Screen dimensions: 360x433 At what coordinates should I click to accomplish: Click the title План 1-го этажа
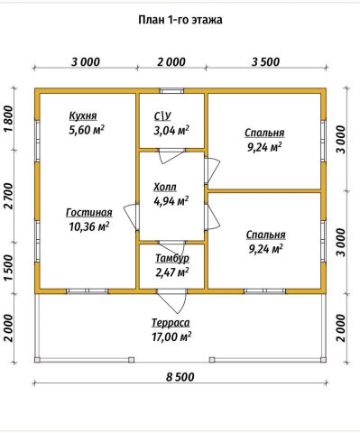(180, 20)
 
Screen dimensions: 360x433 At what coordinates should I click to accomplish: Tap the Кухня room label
(83, 115)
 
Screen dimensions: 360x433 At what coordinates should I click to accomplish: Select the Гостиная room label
(89, 213)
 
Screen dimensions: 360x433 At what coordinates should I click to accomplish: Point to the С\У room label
(162, 116)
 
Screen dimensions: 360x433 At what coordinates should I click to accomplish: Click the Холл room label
(165, 187)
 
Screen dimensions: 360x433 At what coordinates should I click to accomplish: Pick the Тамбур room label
(172, 258)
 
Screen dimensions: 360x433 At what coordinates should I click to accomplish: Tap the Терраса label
(171, 323)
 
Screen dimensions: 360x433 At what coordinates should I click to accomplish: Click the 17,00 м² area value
(171, 336)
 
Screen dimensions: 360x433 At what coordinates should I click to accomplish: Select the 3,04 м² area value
(171, 130)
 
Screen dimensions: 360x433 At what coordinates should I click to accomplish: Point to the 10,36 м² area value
(89, 226)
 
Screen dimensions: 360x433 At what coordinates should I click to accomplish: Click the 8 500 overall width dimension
(180, 377)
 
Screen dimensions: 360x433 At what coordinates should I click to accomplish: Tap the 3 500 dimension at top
(265, 62)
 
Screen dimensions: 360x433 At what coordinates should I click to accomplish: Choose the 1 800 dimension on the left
(10, 119)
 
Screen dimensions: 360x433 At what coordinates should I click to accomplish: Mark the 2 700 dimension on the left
(10, 196)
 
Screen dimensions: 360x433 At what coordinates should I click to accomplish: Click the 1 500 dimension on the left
(10, 268)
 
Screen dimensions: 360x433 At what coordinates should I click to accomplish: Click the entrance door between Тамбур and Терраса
(171, 301)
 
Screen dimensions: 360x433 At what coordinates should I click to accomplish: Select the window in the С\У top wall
(171, 91)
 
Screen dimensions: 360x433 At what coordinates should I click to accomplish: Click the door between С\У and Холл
(171, 156)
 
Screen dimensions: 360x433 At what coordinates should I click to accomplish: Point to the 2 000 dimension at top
(171, 62)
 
